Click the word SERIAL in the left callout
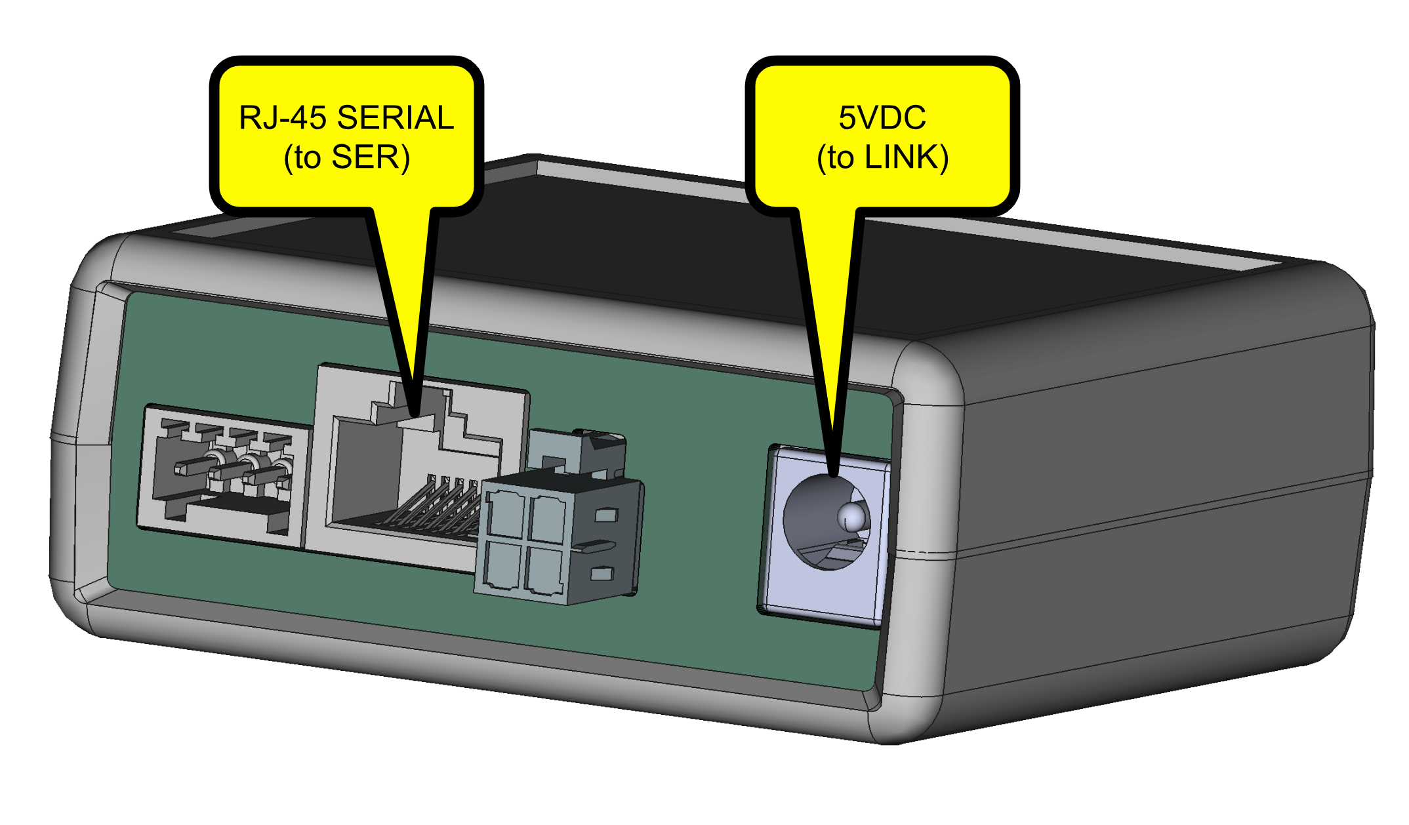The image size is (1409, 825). tap(396, 118)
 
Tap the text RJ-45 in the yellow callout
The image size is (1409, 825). tap(283, 118)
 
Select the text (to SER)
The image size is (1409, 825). tap(347, 157)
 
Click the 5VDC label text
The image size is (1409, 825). tap(882, 118)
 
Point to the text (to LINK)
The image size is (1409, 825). tap(882, 157)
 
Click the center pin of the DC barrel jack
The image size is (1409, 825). tap(852, 517)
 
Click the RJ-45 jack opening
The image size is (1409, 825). tap(367, 472)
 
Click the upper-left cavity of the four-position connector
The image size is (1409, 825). tap(505, 516)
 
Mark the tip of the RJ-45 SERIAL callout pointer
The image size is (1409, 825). tap(415, 413)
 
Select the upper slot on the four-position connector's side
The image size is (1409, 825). tap(606, 515)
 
